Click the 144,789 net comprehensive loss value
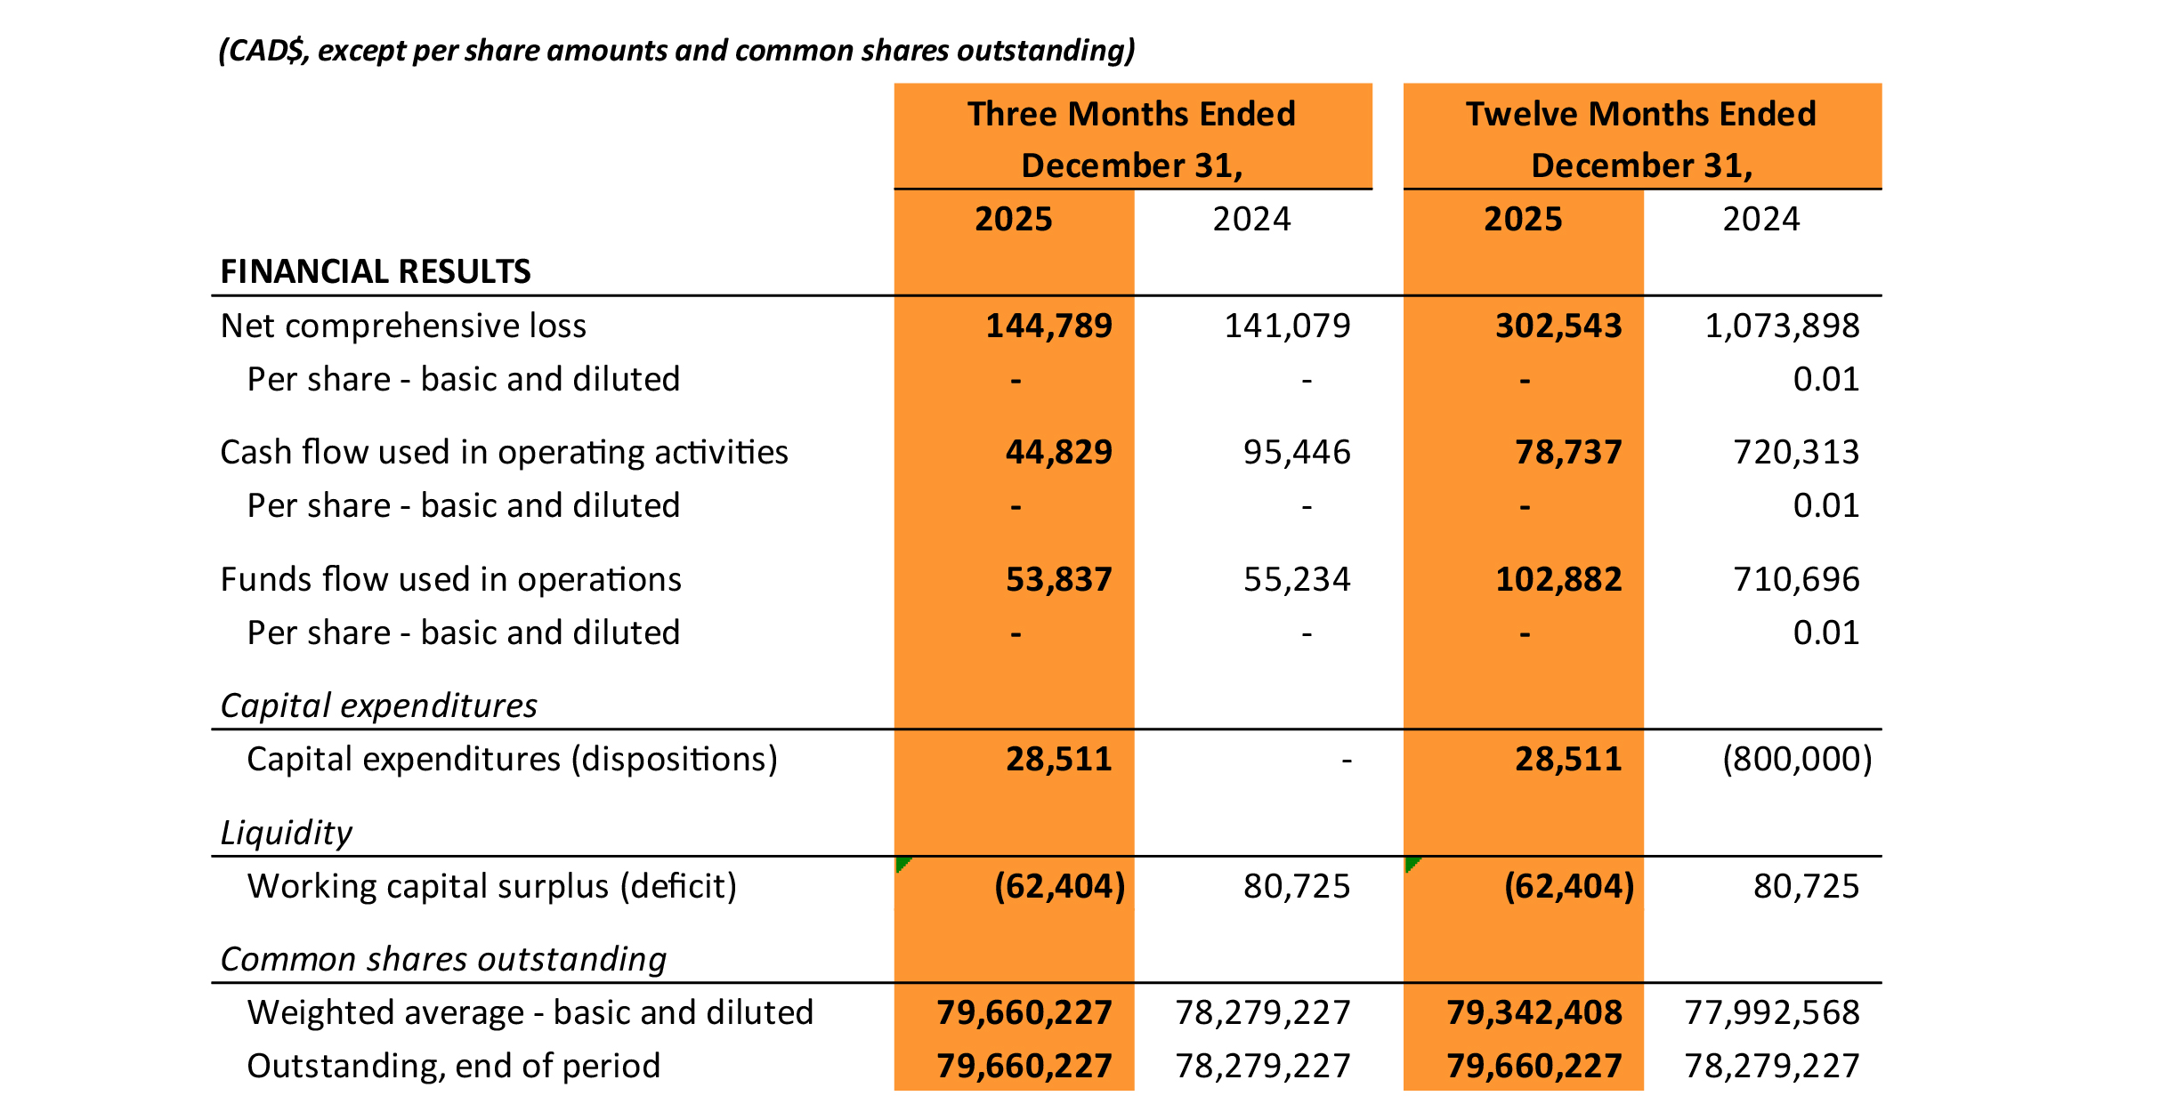[x=1048, y=326]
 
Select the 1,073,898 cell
[x=1781, y=326]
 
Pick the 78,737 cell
[x=1568, y=452]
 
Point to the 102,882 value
[x=1558, y=579]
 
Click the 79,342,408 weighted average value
[x=1534, y=1012]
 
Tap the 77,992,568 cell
[x=1771, y=1012]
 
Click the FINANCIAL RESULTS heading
[x=375, y=271]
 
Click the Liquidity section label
[x=286, y=833]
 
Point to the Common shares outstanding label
[x=443, y=959]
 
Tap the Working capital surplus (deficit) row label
[x=491, y=886]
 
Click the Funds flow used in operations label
[x=450, y=579]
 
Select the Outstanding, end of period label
[x=453, y=1066]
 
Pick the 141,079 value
[x=1287, y=326]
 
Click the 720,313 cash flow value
[x=1795, y=452]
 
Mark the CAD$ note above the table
[x=676, y=50]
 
